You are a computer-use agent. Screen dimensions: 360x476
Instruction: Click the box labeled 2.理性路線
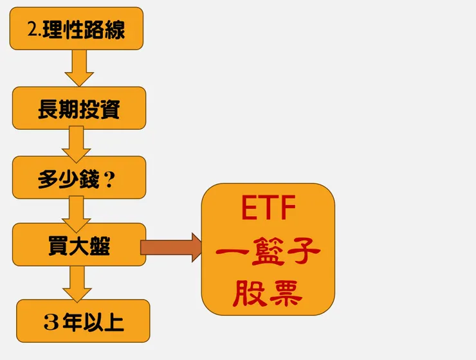click(76, 28)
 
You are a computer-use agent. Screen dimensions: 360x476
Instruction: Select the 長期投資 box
click(79, 108)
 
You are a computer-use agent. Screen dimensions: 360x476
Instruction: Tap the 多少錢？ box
click(79, 177)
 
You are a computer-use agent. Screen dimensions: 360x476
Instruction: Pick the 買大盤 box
click(79, 244)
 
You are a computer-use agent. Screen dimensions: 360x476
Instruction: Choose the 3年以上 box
click(83, 320)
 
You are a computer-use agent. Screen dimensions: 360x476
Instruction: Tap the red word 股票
click(268, 293)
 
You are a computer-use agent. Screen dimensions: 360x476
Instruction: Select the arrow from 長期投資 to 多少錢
click(77, 143)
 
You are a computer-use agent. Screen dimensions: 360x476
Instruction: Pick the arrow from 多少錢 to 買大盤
click(77, 212)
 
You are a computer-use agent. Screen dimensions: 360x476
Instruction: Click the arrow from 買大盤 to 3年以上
click(77, 283)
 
